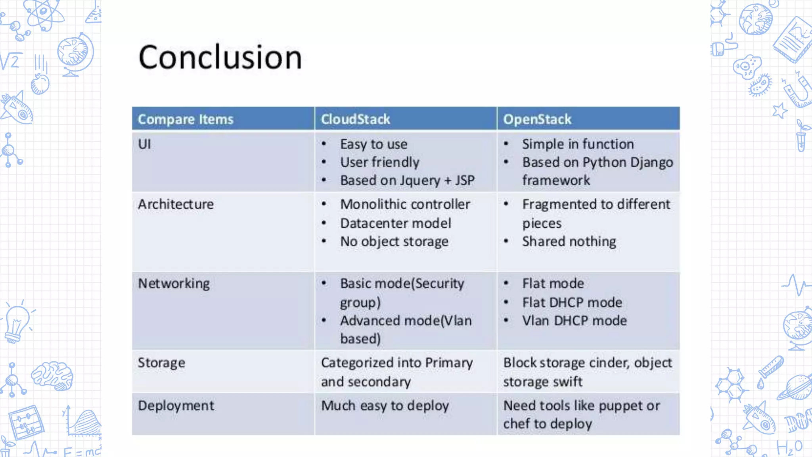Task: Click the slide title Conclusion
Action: [x=220, y=57]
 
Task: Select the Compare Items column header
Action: [x=186, y=119]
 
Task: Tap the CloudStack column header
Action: [x=355, y=119]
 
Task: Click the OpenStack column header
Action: [x=537, y=119]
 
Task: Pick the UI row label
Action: [x=144, y=144]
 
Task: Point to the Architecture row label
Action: [x=176, y=204]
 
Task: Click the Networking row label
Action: [x=174, y=284]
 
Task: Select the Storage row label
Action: [x=161, y=363]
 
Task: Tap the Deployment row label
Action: [x=176, y=406]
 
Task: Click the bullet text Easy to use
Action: [x=373, y=144]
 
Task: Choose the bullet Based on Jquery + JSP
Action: [x=407, y=180]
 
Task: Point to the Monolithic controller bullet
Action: [x=405, y=204]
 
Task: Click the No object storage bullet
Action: [x=394, y=242]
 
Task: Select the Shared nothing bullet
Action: [x=569, y=242]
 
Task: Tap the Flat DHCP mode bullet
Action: [x=572, y=303]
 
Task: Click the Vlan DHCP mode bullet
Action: [x=574, y=321]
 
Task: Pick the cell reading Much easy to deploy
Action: [x=385, y=406]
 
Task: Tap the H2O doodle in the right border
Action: [x=789, y=447]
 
